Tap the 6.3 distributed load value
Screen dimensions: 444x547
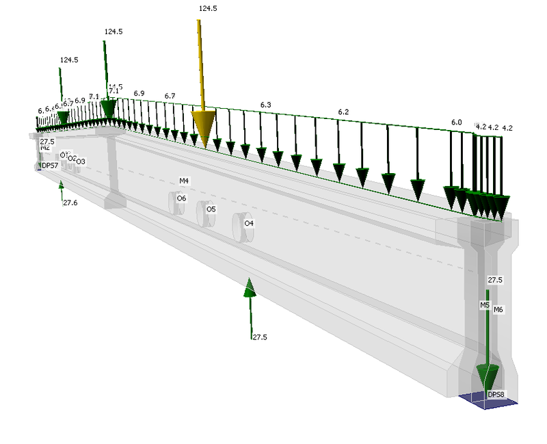click(x=266, y=105)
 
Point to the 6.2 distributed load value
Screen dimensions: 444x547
click(x=343, y=112)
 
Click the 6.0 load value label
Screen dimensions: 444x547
click(x=456, y=122)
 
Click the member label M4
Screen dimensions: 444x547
click(x=184, y=181)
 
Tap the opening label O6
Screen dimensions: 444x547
click(x=181, y=198)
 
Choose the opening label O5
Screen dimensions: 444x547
click(x=211, y=209)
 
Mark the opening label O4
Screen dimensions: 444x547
click(x=249, y=223)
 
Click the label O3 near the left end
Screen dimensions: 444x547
click(x=81, y=161)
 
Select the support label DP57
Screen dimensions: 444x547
click(x=50, y=166)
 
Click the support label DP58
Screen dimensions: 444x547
click(x=495, y=395)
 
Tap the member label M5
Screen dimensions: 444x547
click(x=484, y=304)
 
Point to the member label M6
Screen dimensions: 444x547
click(x=498, y=310)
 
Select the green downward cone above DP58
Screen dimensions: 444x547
click(x=488, y=375)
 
